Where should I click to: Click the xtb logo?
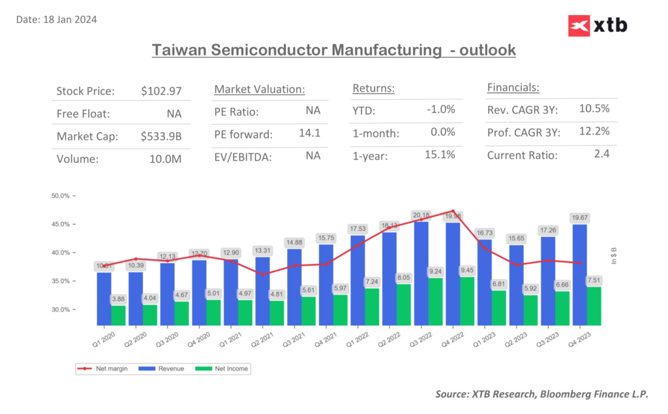[598, 25]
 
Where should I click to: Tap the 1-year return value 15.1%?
[440, 155]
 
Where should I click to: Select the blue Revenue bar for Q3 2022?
[421, 274]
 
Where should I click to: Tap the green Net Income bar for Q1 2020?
[119, 315]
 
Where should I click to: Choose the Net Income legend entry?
[228, 369]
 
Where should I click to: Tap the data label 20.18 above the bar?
[421, 215]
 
